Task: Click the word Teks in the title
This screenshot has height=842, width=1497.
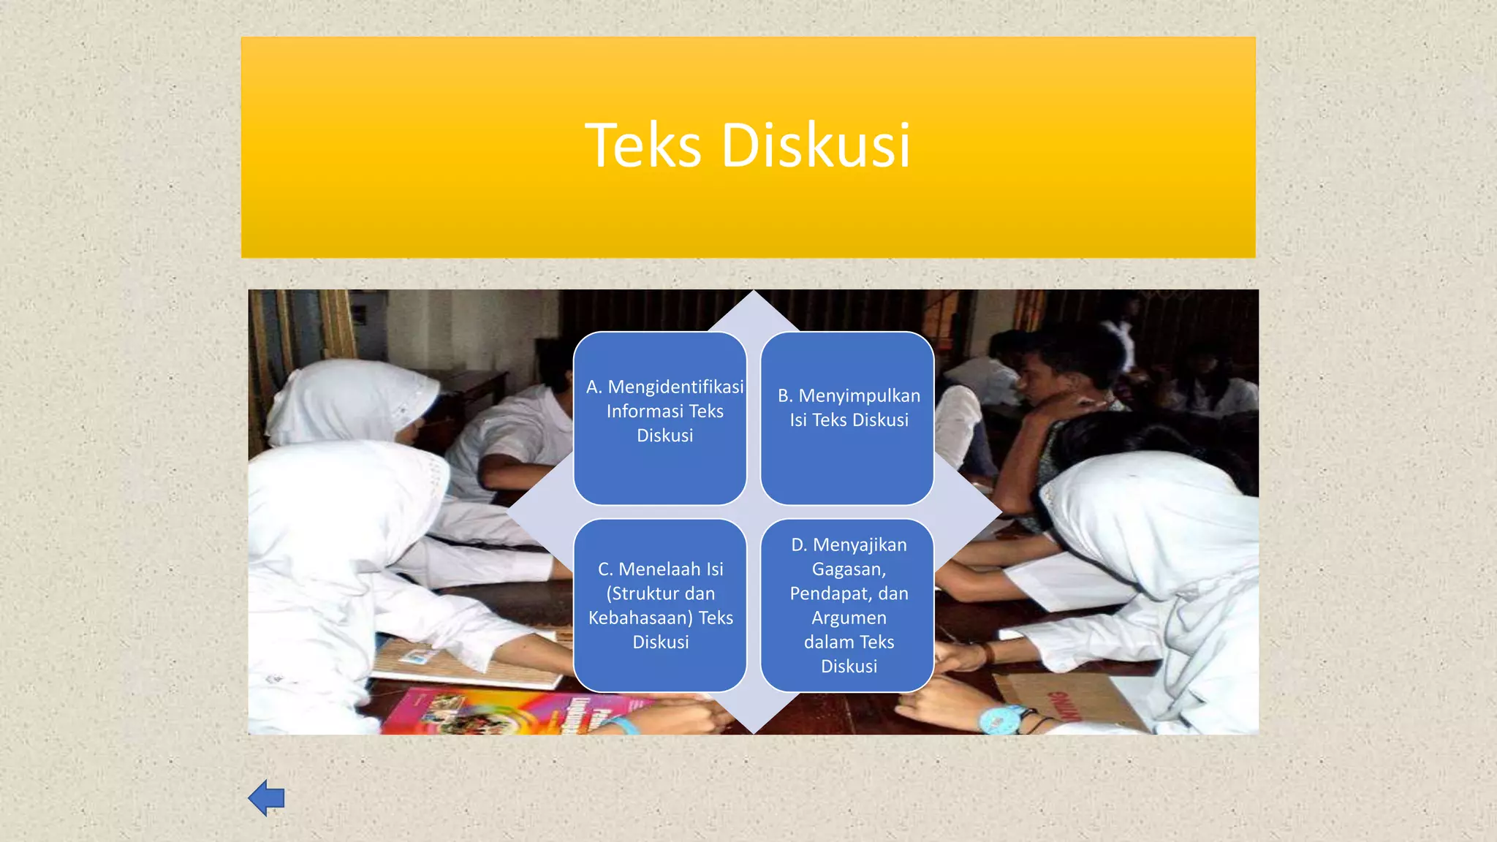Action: click(643, 145)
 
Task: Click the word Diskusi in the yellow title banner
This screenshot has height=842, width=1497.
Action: click(816, 145)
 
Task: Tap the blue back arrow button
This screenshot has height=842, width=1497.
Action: click(266, 797)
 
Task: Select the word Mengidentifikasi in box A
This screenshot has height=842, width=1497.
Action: click(675, 387)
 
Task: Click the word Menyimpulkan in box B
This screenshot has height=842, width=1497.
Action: click(859, 395)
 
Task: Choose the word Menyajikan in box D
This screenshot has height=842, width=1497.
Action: click(860, 545)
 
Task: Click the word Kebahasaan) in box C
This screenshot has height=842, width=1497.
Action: click(640, 618)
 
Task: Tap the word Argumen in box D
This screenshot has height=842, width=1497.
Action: click(849, 618)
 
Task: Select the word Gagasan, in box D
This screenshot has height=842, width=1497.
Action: click(849, 569)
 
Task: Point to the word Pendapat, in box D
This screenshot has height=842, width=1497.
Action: click(831, 593)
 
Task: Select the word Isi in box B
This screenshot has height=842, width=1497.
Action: click(797, 420)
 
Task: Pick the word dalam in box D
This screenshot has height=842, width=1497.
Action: click(829, 642)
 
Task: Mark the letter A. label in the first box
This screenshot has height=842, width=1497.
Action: click(594, 387)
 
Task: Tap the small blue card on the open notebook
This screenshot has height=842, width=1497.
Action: click(414, 656)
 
